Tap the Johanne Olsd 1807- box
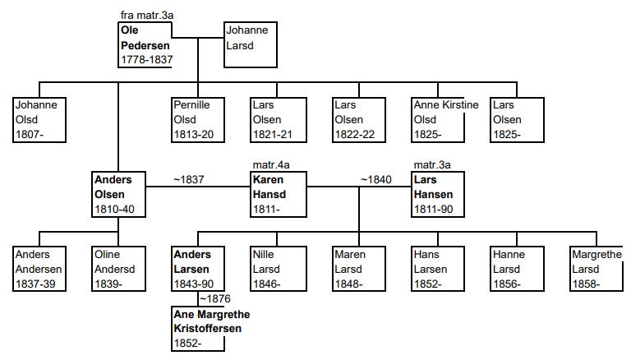[x=39, y=120]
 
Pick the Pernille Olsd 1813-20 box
[x=197, y=120]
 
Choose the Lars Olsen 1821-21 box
[x=276, y=120]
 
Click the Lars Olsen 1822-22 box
[x=358, y=120]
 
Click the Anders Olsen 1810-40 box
[x=118, y=195]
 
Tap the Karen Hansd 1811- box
[x=278, y=195]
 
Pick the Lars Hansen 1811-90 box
[x=439, y=195]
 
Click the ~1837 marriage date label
[x=188, y=179]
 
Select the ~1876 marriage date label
[x=215, y=298]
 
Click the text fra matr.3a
[x=146, y=16]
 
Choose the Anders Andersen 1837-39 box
[x=39, y=270]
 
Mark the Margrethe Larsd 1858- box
[x=596, y=270]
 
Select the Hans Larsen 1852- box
[x=437, y=270]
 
